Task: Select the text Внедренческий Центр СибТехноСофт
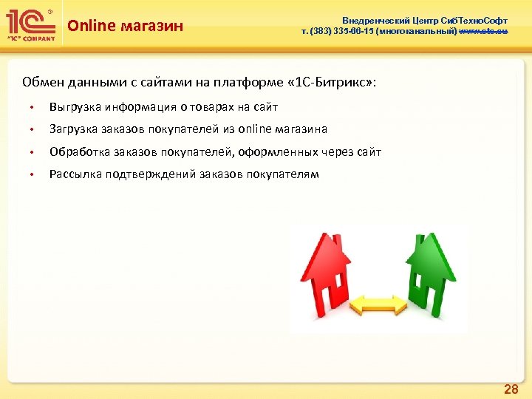click(424, 21)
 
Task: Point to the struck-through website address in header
click(482, 32)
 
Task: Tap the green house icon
click(429, 270)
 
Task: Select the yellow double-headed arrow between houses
click(378, 303)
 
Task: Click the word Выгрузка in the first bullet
click(75, 107)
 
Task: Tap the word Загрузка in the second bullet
click(74, 129)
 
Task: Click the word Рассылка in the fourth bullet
click(75, 174)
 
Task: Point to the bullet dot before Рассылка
click(32, 175)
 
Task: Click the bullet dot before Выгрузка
click(32, 108)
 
